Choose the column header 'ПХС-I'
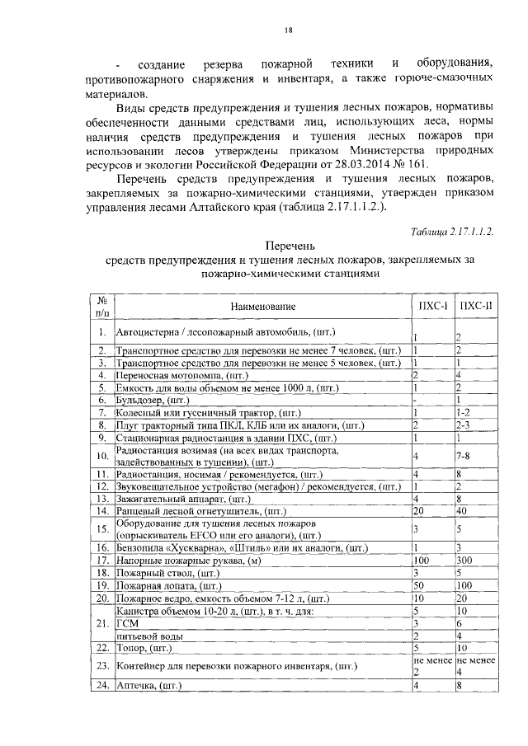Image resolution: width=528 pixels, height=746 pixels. pos(429,307)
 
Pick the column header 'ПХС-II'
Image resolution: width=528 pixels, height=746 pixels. pos(474,307)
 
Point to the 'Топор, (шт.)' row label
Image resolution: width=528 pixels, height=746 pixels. pos(142,649)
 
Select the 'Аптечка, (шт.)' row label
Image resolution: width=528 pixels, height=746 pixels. pos(148,686)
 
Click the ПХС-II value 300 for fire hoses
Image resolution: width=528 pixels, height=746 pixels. pos(464,561)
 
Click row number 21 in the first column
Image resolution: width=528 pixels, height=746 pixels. pos(100,624)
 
